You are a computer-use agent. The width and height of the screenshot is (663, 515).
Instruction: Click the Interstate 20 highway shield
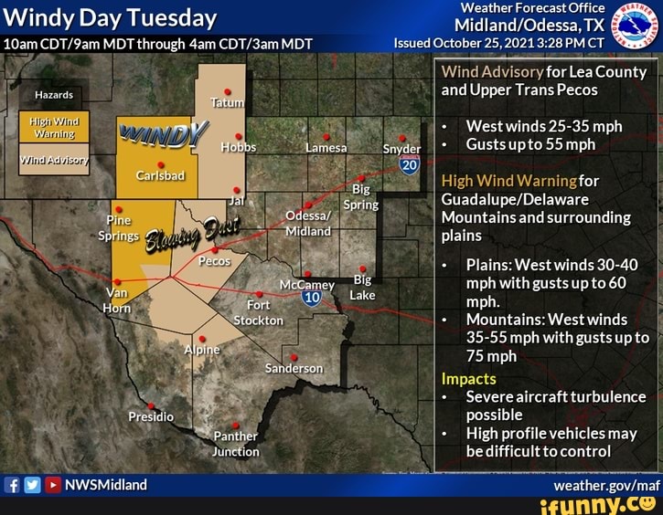click(409, 165)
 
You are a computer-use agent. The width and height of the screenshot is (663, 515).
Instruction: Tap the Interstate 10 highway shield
click(311, 297)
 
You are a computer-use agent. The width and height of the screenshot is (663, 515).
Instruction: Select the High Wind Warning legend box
click(53, 127)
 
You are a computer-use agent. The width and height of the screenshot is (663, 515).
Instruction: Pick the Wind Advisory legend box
click(53, 159)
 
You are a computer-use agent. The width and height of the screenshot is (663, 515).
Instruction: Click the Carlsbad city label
click(161, 175)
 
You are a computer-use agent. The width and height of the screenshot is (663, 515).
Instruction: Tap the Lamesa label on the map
click(325, 148)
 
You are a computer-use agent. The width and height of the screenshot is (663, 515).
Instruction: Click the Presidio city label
click(151, 416)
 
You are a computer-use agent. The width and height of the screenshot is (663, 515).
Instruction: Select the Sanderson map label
click(294, 368)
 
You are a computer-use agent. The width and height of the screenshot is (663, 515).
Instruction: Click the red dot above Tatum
click(227, 91)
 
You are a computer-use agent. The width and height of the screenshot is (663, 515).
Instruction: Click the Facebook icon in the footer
click(11, 485)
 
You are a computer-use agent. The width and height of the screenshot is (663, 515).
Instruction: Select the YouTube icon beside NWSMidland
click(52, 485)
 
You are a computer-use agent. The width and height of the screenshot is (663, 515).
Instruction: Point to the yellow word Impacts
click(468, 378)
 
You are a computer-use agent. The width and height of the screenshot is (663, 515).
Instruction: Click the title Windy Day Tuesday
click(111, 17)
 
